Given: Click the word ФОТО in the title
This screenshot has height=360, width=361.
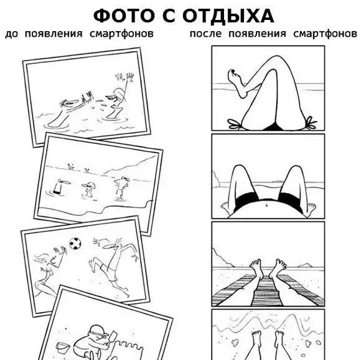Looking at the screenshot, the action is tap(124, 16).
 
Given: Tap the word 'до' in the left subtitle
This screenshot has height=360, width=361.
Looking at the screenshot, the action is tap(11, 34).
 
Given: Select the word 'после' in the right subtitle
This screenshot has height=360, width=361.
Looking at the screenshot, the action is tap(205, 34).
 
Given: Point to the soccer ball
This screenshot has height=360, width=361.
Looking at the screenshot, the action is tap(75, 244).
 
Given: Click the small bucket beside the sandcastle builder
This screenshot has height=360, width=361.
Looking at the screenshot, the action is tap(62, 348).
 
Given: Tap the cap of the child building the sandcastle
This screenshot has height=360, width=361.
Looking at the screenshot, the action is tap(98, 330).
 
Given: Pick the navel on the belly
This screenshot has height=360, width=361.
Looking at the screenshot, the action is tap(266, 205).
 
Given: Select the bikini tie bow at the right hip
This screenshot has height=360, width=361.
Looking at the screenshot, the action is tap(311, 122).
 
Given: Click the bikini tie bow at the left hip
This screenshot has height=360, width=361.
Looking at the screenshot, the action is tap(235, 124).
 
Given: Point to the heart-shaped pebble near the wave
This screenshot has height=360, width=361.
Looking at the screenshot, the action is tap(235, 343).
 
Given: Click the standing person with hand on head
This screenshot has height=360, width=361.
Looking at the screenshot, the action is tap(121, 187).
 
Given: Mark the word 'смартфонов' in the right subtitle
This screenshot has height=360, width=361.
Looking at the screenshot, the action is tap(326, 34).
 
